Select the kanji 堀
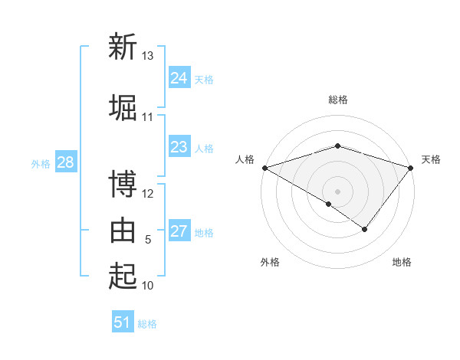tap(123, 107)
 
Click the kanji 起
tap(123, 275)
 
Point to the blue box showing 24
tap(179, 78)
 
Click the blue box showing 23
tap(179, 147)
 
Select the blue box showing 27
tap(179, 231)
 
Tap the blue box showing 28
tap(65, 162)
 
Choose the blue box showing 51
tap(123, 322)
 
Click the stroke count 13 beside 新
tap(148, 56)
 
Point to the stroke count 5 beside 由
tap(148, 240)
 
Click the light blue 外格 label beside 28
tap(41, 164)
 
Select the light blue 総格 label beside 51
tap(147, 324)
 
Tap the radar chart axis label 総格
tap(338, 100)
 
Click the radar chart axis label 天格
tap(432, 159)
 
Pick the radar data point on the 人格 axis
tap(264, 167)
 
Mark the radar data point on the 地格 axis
tap(365, 229)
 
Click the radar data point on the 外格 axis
tap(329, 204)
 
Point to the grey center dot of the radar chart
tap(338, 191)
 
